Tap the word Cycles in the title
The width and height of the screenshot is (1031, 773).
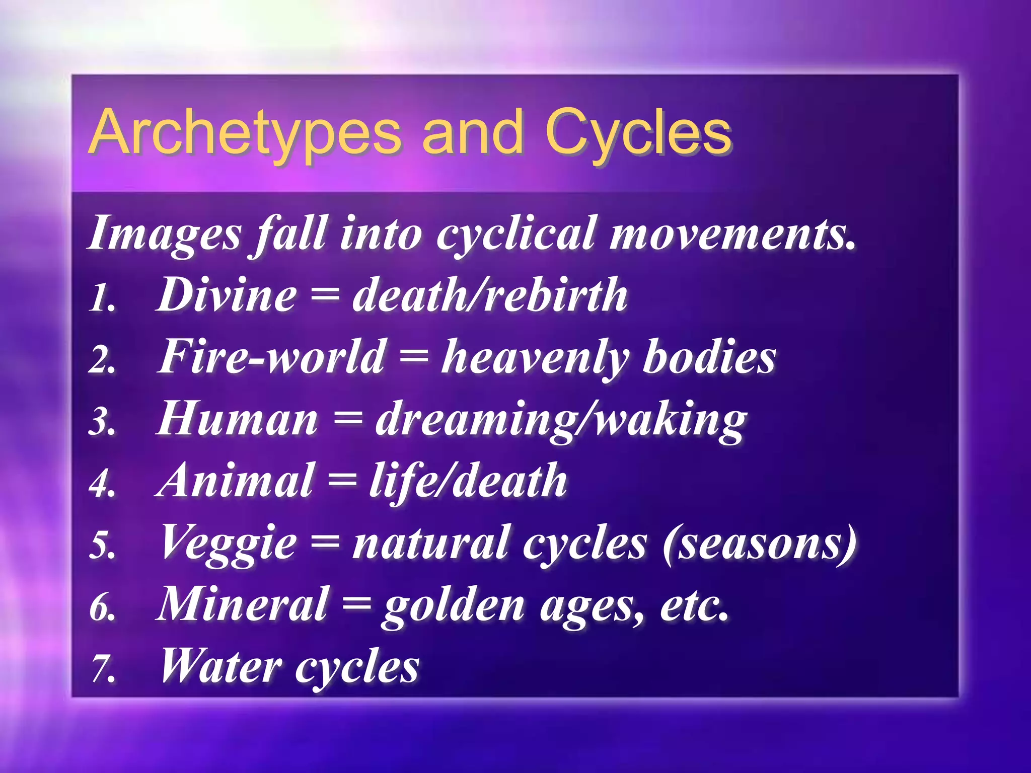coord(638,132)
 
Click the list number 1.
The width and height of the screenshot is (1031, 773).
coord(103,298)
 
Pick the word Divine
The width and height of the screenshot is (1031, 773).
coord(227,295)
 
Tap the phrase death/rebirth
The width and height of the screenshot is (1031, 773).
coord(490,295)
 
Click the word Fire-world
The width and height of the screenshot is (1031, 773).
coord(272,357)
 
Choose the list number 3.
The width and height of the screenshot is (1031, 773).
coord(103,422)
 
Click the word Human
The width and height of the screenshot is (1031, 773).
coord(237,419)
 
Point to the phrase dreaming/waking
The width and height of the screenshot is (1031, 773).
coord(561,421)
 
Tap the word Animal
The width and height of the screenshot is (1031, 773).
coord(234,481)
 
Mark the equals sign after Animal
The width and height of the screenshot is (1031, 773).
coord(342,482)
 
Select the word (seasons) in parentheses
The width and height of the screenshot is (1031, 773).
coord(760,544)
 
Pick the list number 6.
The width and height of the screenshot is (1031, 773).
coord(103,607)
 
